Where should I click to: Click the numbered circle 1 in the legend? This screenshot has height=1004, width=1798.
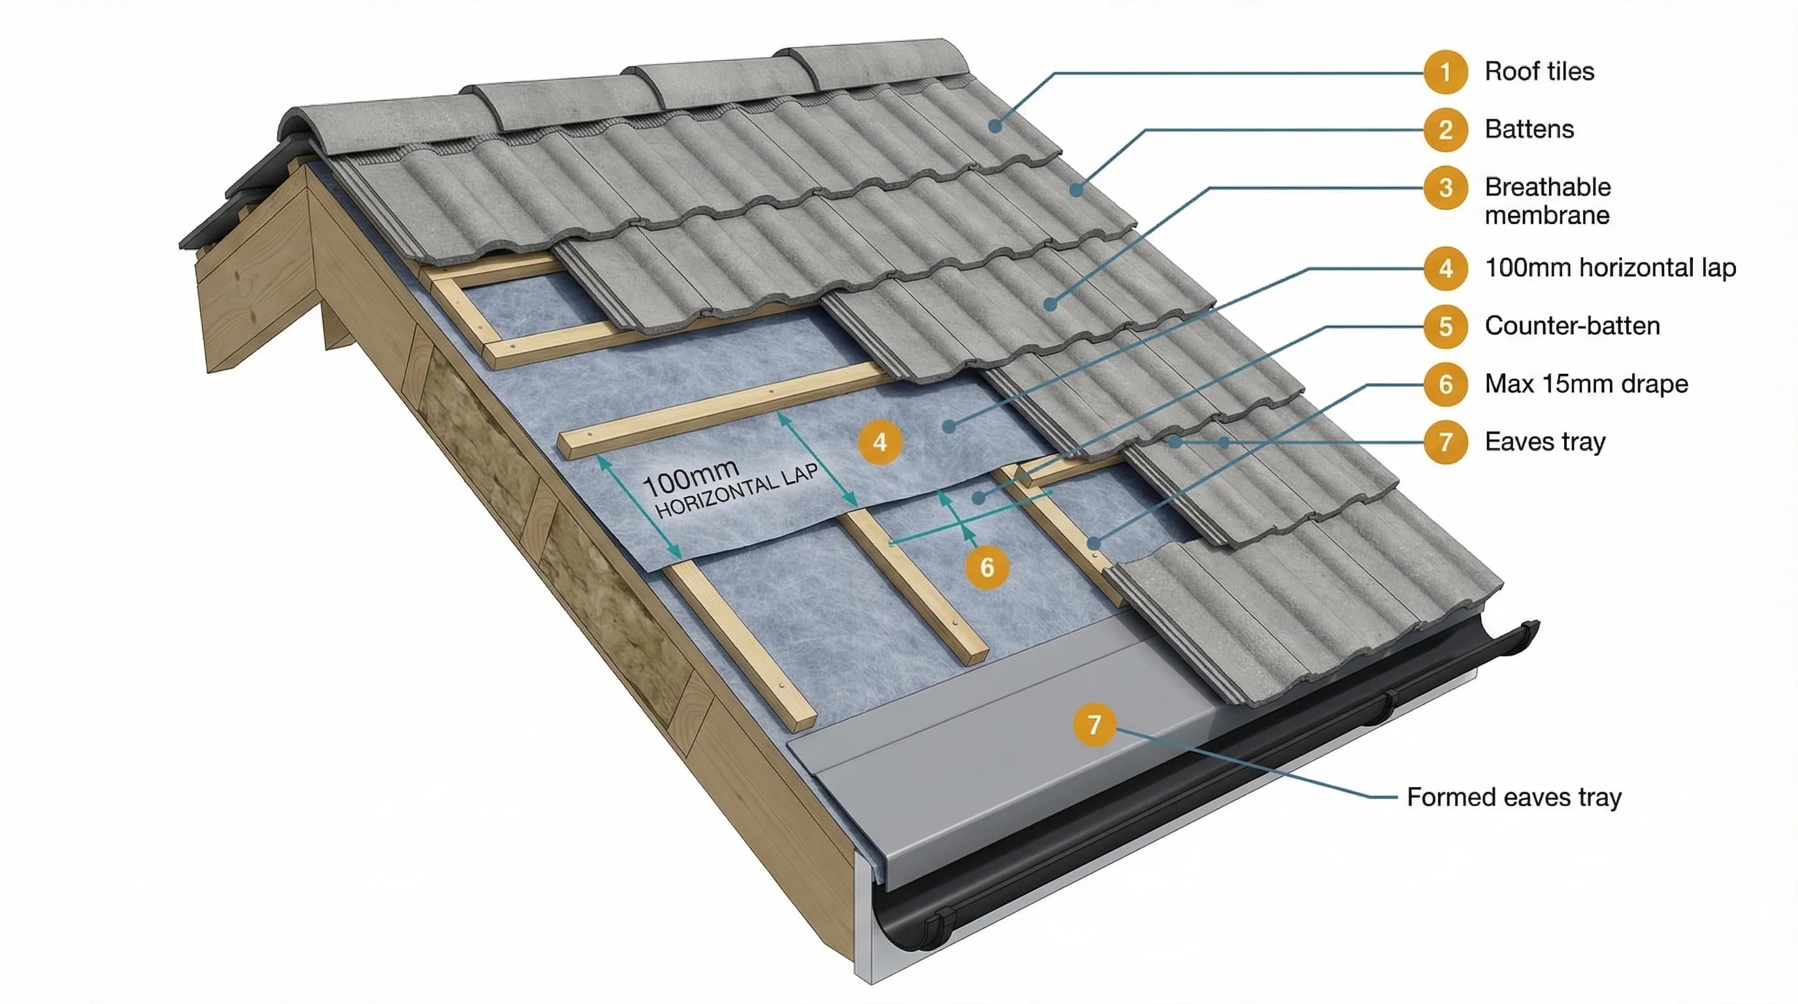click(1445, 72)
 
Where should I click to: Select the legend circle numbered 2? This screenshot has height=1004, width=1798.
click(1445, 130)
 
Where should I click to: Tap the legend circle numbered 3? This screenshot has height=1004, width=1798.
click(1445, 188)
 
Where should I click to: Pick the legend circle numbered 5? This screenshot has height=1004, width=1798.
click(1445, 326)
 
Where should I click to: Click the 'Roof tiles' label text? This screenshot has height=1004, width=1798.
click(1539, 72)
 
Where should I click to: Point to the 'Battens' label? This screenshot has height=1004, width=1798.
click(1529, 130)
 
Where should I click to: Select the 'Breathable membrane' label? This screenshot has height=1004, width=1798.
click(1547, 201)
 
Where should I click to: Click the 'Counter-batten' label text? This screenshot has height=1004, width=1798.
click(1572, 326)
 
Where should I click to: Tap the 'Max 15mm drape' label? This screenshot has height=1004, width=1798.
click(1586, 384)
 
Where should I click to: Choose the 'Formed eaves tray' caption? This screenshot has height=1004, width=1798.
click(1513, 797)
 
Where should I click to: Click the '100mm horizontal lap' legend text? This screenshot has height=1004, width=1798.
click(1610, 268)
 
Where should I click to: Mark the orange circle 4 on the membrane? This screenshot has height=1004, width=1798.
click(879, 443)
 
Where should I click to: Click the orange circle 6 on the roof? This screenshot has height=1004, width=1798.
click(987, 567)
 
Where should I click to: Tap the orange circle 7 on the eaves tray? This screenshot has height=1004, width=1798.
click(1094, 724)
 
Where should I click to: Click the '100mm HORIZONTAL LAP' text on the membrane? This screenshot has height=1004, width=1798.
click(729, 488)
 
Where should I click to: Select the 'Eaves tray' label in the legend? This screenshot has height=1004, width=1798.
click(1545, 442)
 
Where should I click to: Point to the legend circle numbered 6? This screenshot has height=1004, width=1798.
click(1445, 384)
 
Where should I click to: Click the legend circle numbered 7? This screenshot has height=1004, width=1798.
click(1445, 442)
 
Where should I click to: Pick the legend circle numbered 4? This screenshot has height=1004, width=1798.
click(1445, 268)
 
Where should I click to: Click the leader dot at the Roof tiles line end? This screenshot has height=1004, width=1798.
click(994, 125)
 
